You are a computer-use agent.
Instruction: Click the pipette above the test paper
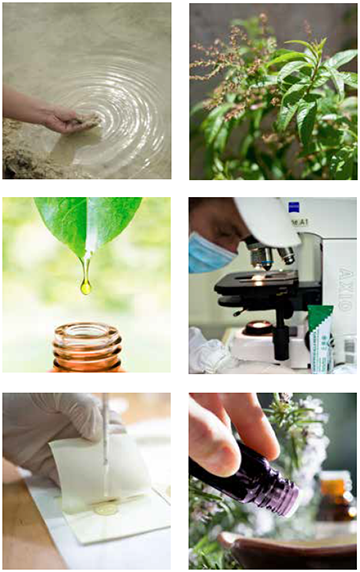[x=105, y=440]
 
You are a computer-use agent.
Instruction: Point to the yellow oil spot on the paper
[x=105, y=509]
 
